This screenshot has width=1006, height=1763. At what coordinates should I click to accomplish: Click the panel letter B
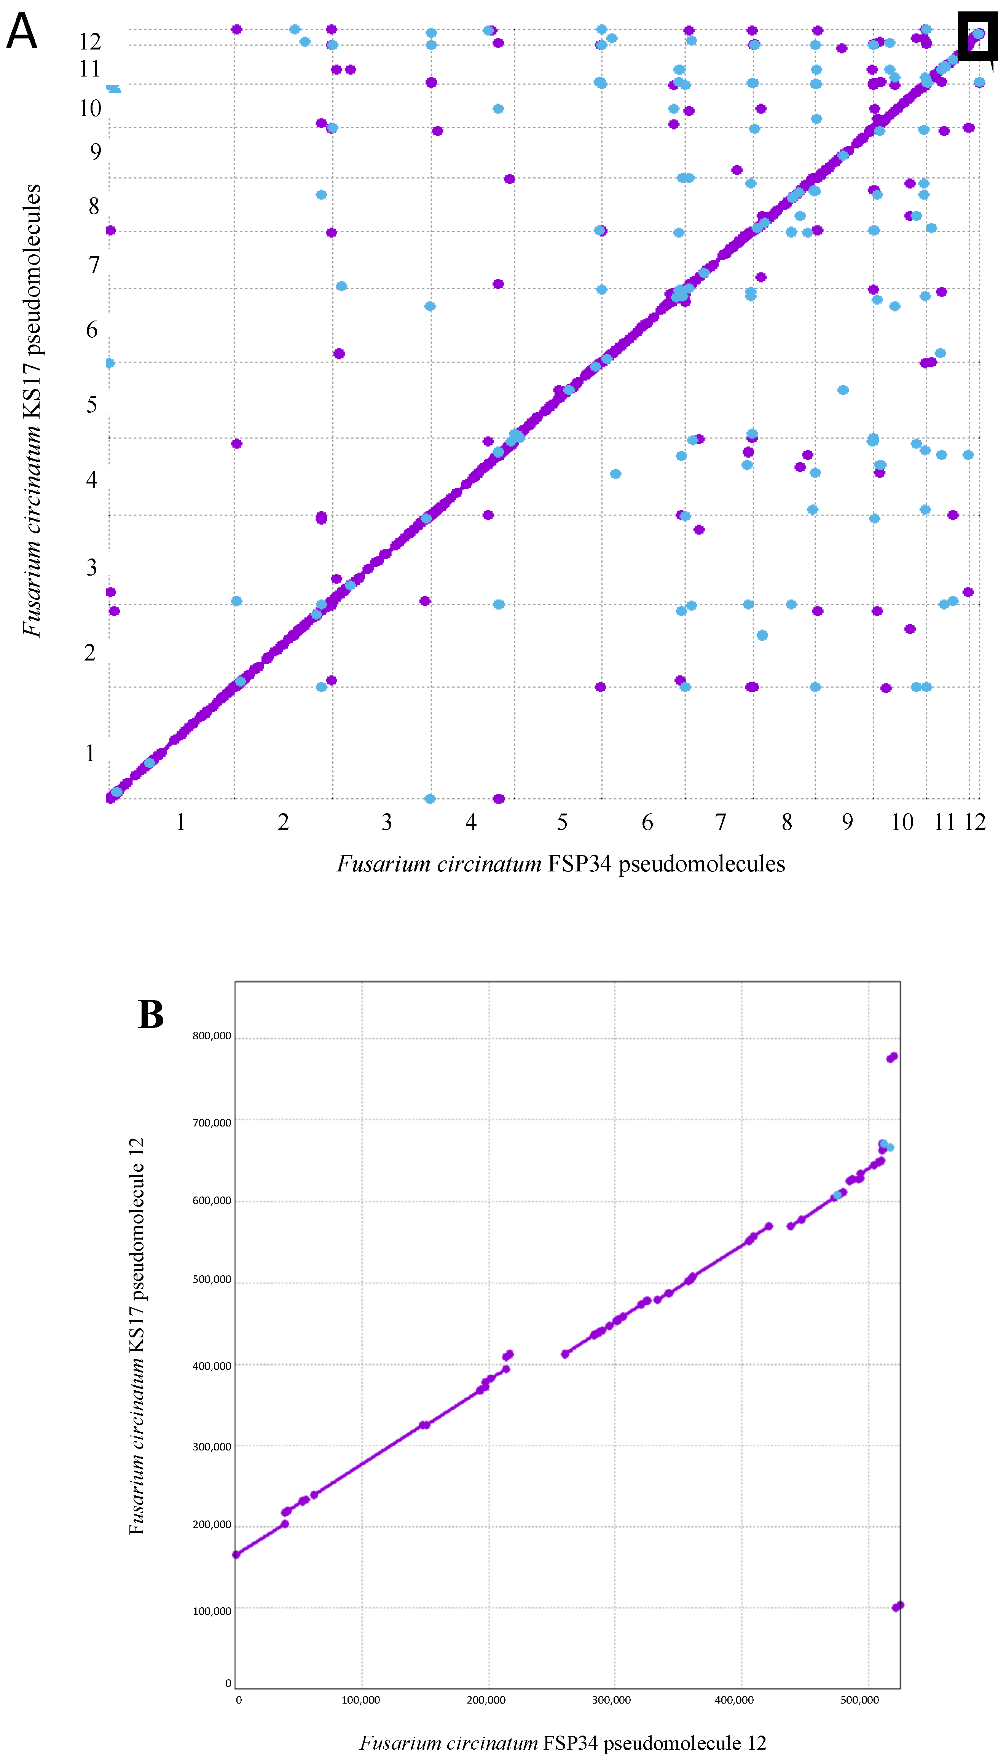[151, 1016]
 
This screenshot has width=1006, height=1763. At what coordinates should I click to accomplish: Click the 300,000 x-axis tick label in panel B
[611, 1699]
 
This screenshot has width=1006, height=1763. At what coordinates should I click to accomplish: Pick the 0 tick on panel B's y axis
[228, 1683]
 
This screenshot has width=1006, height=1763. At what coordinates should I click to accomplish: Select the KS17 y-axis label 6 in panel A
[92, 330]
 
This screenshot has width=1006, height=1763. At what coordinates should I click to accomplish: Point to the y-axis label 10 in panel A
[90, 108]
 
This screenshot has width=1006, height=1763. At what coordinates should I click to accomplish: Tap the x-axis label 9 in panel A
[847, 822]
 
